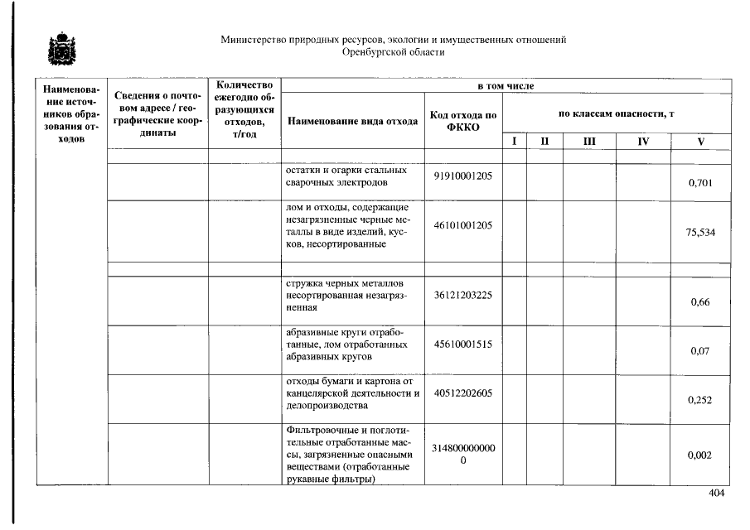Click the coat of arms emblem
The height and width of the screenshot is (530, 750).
(58, 51)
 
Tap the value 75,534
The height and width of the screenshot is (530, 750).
(700, 233)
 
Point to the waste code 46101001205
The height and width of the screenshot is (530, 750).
(462, 225)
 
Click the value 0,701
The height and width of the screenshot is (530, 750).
(700, 183)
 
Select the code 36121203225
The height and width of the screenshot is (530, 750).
(462, 295)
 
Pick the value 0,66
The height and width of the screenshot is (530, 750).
(700, 302)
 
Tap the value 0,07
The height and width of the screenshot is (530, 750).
(700, 351)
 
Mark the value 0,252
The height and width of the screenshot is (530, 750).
(700, 400)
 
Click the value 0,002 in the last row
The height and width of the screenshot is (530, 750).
(700, 455)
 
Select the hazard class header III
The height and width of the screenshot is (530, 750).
(588, 142)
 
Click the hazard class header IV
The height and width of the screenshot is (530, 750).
(643, 142)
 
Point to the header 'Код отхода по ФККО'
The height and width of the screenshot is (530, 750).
(463, 121)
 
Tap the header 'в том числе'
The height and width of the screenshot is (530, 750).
(506, 86)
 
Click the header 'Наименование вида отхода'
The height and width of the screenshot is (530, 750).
(352, 121)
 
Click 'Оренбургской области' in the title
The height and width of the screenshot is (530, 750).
(393, 51)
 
